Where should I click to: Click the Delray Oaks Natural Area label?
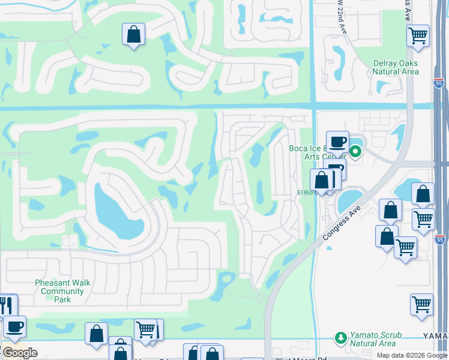pos(395,67)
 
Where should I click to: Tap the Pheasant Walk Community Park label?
pos(63,291)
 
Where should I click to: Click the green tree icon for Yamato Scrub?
pos(341,338)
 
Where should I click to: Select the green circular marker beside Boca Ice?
pos(355,152)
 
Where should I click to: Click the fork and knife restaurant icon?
pos(6,305)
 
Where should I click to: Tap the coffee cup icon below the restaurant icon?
pos(14,327)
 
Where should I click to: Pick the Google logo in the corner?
pos(19,353)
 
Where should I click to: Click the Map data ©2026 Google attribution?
pos(411,355)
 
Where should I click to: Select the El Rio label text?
pos(307,193)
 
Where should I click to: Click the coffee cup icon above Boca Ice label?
pos(337,142)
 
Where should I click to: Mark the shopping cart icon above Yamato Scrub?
pos(421,304)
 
